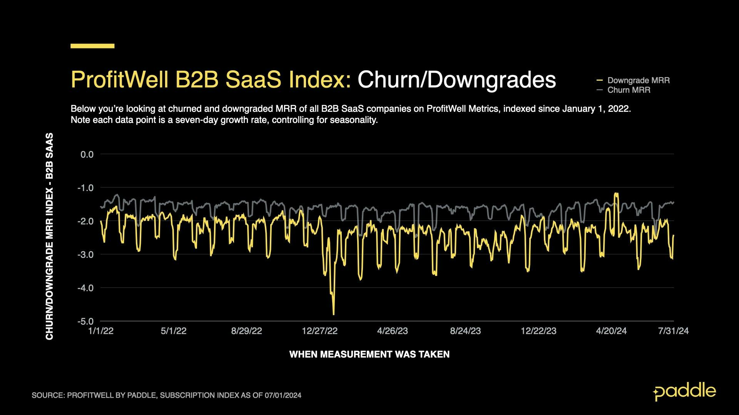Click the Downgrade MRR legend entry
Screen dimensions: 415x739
pos(638,80)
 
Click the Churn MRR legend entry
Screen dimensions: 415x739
pos(629,90)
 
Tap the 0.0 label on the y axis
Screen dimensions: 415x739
pos(87,154)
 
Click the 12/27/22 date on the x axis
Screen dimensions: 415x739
pos(319,331)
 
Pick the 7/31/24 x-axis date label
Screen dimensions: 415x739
pos(673,331)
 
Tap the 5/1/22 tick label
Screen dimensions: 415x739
pos(174,331)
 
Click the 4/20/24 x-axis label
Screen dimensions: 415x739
pos(611,331)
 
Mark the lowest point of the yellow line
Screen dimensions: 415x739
pos(334,315)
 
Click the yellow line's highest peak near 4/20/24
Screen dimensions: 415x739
pos(616,193)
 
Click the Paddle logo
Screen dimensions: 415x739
pos(684,392)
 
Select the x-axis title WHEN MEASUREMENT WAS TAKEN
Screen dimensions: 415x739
pos(369,354)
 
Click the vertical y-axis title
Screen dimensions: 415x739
pos(49,236)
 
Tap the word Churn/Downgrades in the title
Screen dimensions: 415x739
pos(456,80)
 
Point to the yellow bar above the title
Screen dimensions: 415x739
pos(92,46)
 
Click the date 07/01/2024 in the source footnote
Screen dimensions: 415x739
pos(283,395)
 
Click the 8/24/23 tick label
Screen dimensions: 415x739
pos(465,331)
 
